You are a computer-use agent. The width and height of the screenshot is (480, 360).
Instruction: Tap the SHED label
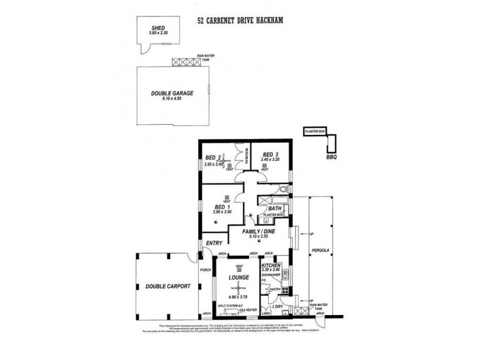tap(158, 28)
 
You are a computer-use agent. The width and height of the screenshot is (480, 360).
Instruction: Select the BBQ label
tap(331, 158)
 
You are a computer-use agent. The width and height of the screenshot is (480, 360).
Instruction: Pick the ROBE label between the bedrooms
tap(246, 157)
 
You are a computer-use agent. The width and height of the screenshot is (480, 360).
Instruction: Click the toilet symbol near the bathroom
tap(284, 190)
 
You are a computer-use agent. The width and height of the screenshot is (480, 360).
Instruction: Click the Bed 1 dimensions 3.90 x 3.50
tap(221, 213)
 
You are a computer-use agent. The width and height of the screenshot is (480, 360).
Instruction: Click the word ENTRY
tap(214, 243)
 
